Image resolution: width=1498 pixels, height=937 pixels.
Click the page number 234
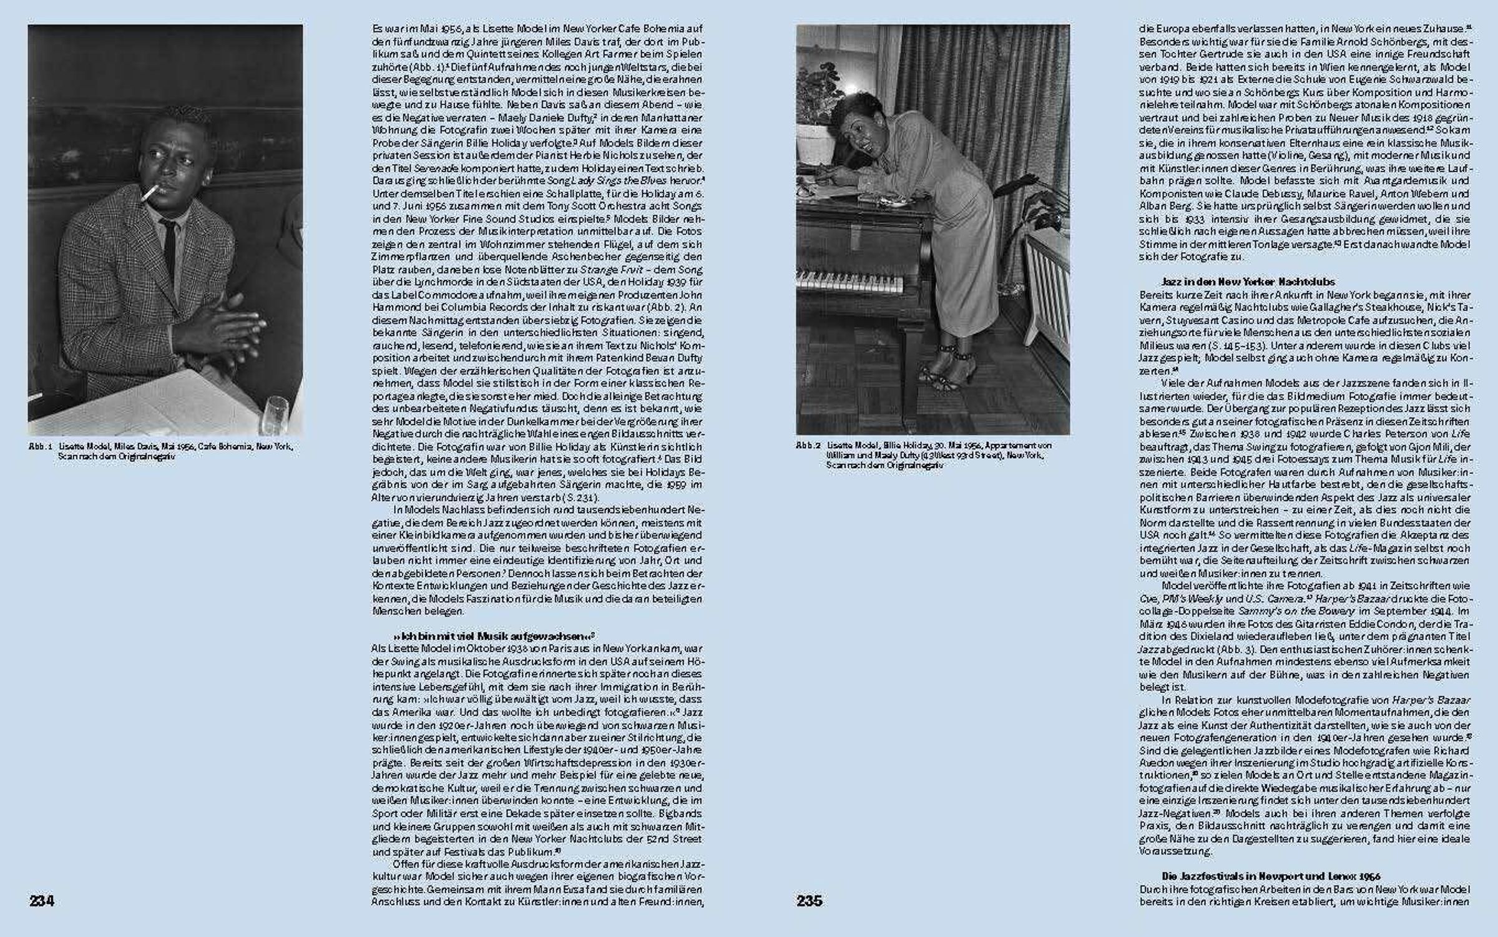[42, 900]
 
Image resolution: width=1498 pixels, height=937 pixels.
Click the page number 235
[809, 900]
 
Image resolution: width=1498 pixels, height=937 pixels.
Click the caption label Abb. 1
[40, 447]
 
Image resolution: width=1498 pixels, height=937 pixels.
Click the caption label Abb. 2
[808, 446]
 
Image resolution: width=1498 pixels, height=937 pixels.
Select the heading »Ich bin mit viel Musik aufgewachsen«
[494, 637]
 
